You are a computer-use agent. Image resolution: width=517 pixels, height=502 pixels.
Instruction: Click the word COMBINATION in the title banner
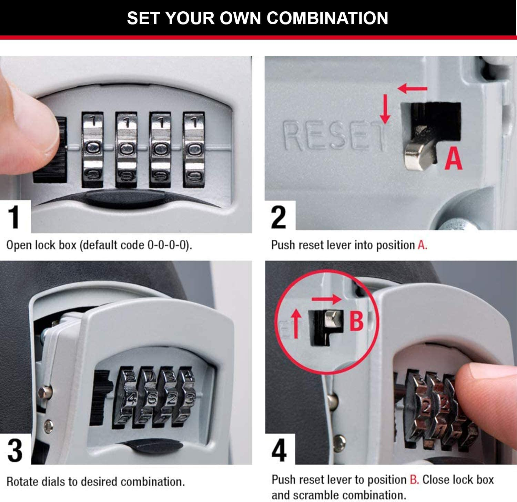pyautogui.click(x=327, y=18)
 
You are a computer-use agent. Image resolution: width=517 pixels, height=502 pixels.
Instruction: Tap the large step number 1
pyautogui.click(x=14, y=217)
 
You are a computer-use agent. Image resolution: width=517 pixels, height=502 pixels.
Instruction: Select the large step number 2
pyautogui.click(x=278, y=217)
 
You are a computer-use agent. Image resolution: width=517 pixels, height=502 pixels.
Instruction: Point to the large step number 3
pyautogui.click(x=15, y=450)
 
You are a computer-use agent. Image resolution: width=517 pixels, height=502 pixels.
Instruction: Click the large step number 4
pyautogui.click(x=279, y=450)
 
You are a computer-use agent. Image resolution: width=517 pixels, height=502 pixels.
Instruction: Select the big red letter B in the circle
pyautogui.click(x=356, y=320)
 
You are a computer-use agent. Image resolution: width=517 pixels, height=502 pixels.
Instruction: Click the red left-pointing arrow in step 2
pyautogui.click(x=412, y=89)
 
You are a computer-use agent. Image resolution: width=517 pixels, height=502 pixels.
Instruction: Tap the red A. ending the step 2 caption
pyautogui.click(x=422, y=245)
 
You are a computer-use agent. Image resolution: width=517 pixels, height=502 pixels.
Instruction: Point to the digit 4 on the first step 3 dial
pyautogui.click(x=131, y=400)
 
